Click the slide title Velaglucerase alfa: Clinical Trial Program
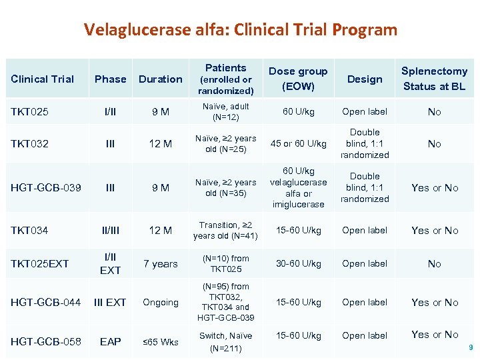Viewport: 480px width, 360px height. click(240, 29)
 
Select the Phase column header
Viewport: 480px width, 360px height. click(111, 79)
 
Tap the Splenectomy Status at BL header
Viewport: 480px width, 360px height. click(434, 79)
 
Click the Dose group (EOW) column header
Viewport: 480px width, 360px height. click(297, 79)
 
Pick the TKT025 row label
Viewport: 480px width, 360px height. click(29, 111)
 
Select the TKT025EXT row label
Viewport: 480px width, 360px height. click(39, 263)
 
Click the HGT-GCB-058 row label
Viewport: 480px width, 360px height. click(45, 341)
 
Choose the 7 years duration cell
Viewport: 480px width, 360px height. click(161, 263)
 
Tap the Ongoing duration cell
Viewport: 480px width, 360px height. click(161, 302)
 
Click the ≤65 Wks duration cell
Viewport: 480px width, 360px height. click(161, 341)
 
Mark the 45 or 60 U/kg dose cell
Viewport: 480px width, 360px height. click(298, 143)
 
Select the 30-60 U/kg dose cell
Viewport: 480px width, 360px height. click(297, 263)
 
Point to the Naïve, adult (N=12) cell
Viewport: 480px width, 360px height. click(226, 111)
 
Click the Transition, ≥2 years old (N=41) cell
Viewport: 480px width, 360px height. click(226, 230)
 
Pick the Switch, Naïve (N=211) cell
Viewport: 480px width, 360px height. click(226, 341)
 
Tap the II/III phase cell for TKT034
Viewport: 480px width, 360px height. click(111, 230)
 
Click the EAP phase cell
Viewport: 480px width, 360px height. click(111, 341)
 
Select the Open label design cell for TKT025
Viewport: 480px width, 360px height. click(365, 111)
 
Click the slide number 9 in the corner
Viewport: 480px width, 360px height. click(470, 347)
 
